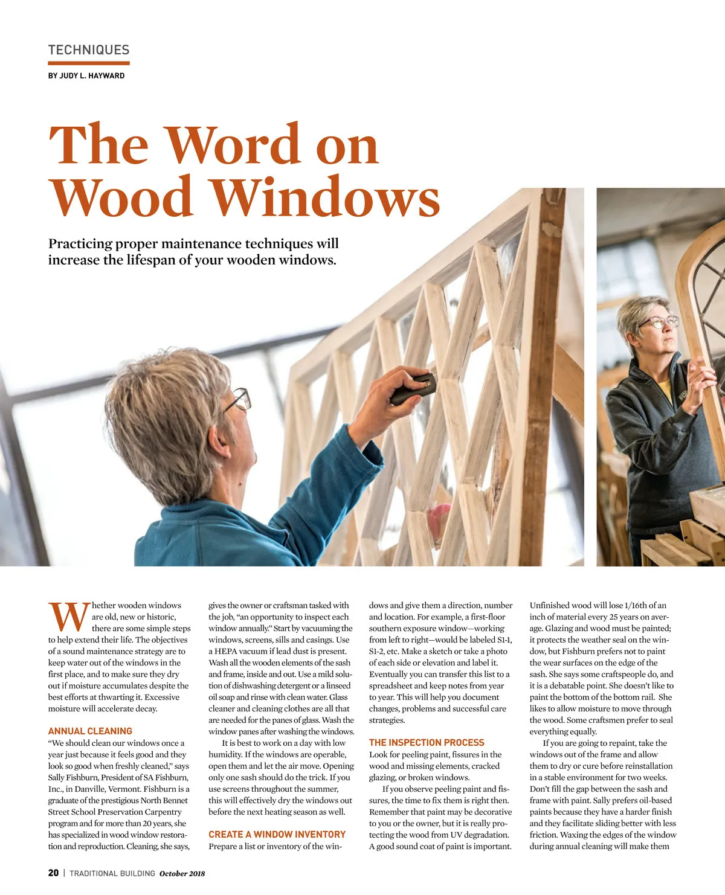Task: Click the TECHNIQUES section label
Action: [x=89, y=50]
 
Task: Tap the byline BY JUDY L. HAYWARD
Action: [x=86, y=76]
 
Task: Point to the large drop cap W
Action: [x=69, y=616]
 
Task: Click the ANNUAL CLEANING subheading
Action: [x=90, y=731]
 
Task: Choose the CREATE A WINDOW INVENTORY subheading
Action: [x=277, y=835]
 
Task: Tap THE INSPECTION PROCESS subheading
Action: [x=427, y=743]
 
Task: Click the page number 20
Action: [x=54, y=873]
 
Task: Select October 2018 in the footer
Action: [x=182, y=874]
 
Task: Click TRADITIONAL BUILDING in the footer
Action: [x=112, y=874]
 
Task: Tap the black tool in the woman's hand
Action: [x=413, y=388]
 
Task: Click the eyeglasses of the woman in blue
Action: [x=240, y=399]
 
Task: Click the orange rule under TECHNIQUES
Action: [x=89, y=63]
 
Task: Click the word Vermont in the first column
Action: [x=159, y=789]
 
